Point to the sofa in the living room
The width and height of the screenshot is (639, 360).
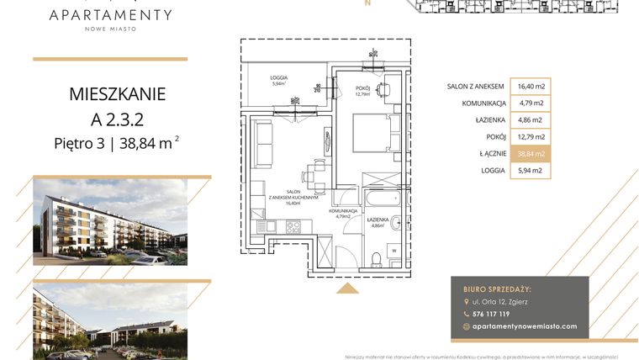pos(262,143)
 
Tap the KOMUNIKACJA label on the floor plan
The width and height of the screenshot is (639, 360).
pos(345,212)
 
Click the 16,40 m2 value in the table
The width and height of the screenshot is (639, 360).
pos(531,86)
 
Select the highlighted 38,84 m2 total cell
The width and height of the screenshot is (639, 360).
pos(531,153)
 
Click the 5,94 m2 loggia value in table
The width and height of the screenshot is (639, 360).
pos(531,170)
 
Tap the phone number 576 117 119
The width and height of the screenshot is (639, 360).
pos(492,314)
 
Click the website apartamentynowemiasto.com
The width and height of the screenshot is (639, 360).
pos(525,326)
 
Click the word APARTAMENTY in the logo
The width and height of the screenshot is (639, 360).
pos(110,14)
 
